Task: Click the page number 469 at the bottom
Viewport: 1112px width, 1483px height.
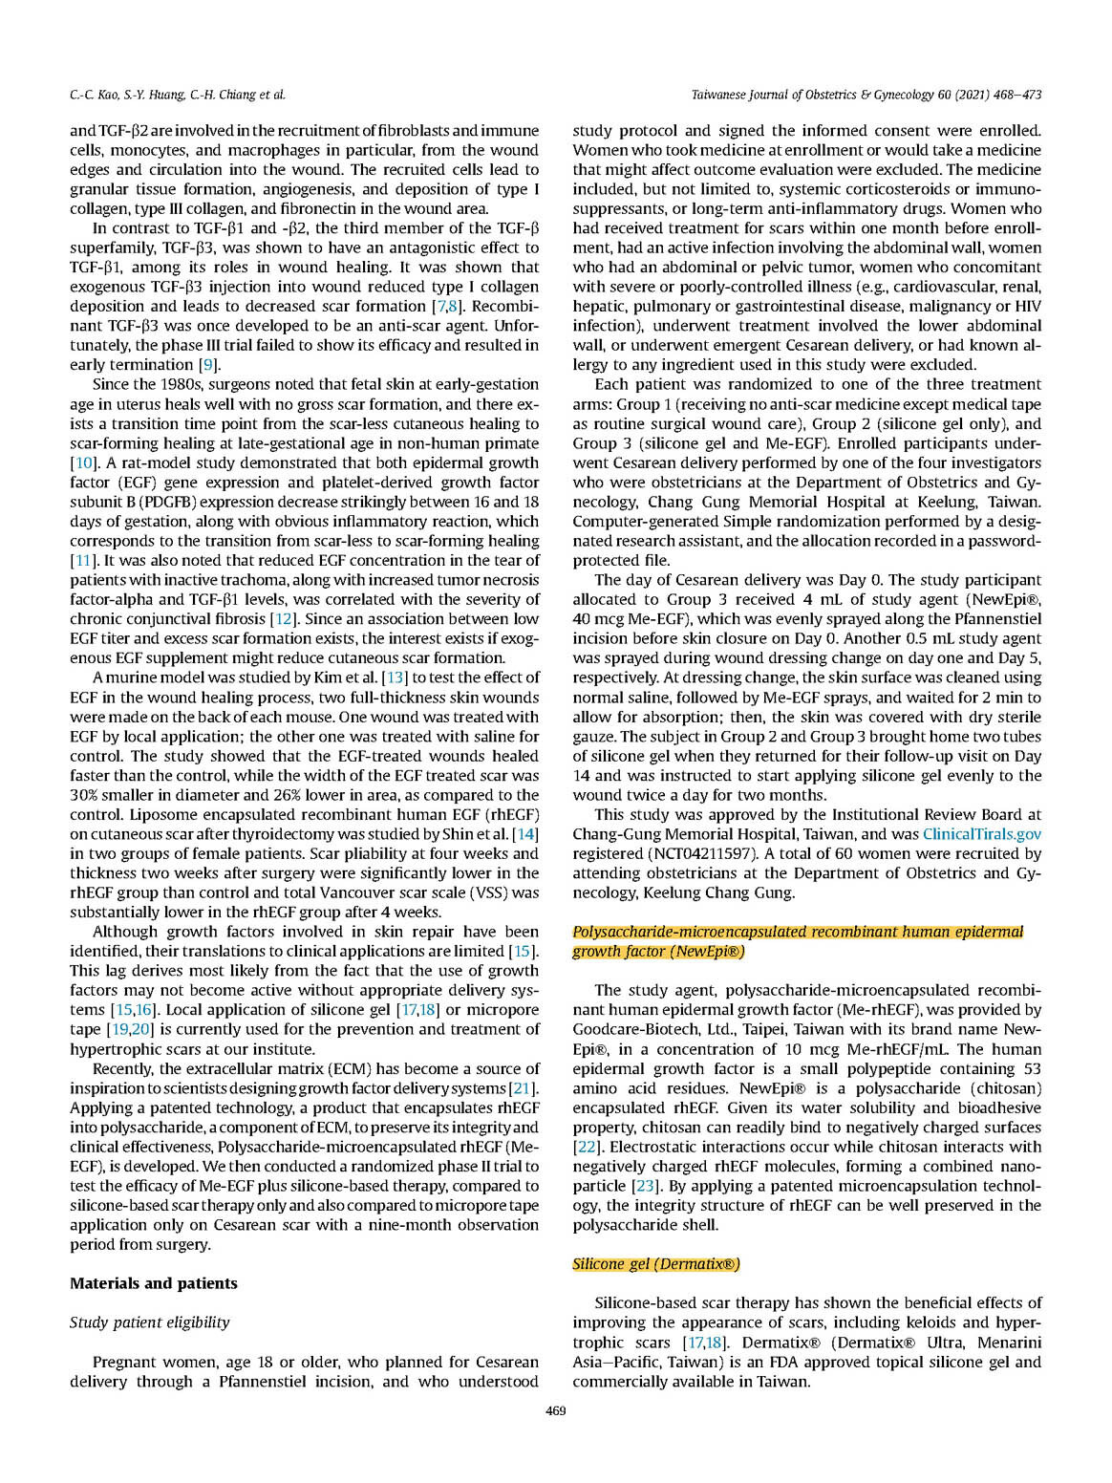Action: coord(555,1410)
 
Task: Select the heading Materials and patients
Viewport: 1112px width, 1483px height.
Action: coord(153,1283)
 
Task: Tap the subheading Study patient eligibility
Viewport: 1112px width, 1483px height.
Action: coord(149,1322)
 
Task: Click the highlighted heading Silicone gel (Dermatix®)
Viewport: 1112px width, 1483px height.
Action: coord(655,1264)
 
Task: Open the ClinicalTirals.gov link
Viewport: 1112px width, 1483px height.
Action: coord(981,834)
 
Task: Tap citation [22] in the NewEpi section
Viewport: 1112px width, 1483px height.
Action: coord(586,1147)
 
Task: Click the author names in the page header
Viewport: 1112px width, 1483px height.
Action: coord(177,95)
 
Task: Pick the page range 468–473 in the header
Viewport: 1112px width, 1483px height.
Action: coord(1013,95)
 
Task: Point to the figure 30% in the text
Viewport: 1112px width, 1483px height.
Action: coord(85,795)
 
